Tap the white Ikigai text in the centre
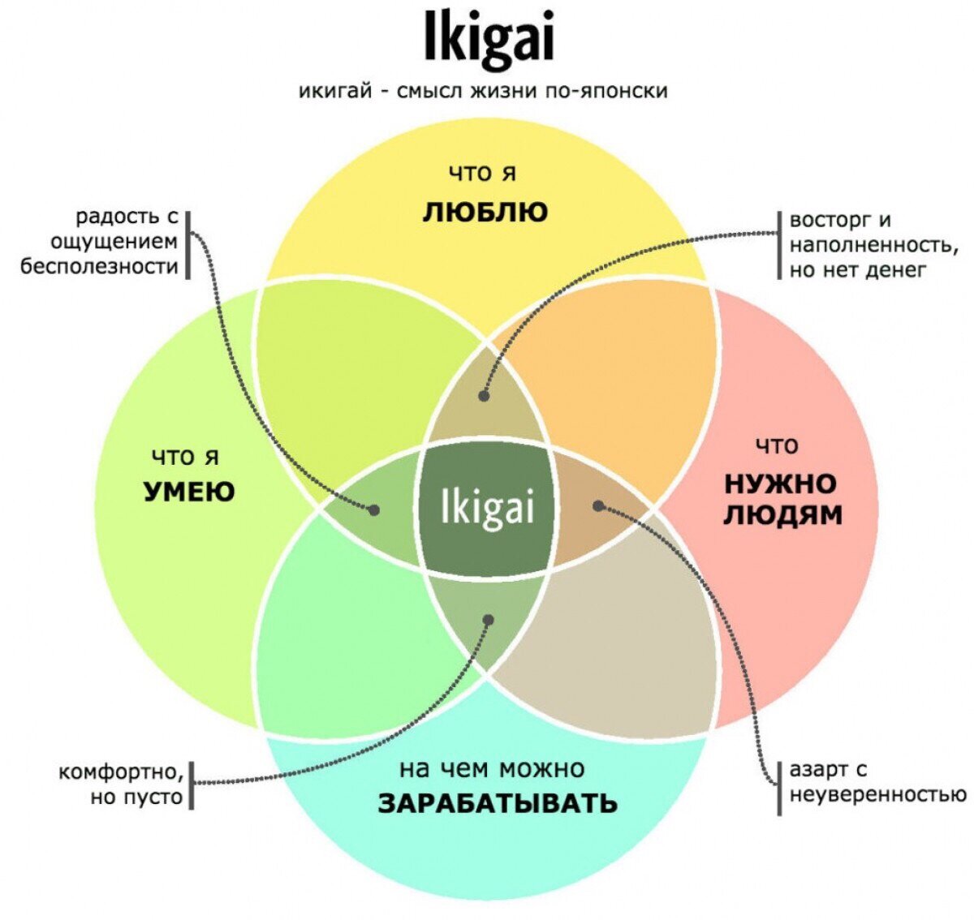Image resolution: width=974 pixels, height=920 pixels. pos(487,508)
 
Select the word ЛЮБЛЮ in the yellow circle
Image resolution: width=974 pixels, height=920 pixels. pos(485,213)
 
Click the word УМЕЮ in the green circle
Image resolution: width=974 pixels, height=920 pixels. pos(188,491)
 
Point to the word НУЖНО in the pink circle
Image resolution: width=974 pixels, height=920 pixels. pos(780,484)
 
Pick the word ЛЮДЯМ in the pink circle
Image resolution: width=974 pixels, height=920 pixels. pos(782,515)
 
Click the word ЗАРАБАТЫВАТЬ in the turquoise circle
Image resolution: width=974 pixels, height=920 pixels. pos(498,803)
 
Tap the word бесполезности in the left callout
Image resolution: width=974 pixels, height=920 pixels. pos(99,266)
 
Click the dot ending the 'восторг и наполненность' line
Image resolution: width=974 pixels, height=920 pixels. pos(484,396)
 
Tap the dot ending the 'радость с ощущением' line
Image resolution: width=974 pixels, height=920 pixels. pos(374,510)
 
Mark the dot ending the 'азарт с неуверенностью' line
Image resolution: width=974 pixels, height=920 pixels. pos(598,505)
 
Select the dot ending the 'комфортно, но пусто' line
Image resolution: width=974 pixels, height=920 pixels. pos(488,620)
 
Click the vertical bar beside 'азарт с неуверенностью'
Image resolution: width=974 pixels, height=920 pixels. pos(779,787)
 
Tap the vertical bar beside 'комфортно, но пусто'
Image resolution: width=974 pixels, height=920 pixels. pos(192,785)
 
